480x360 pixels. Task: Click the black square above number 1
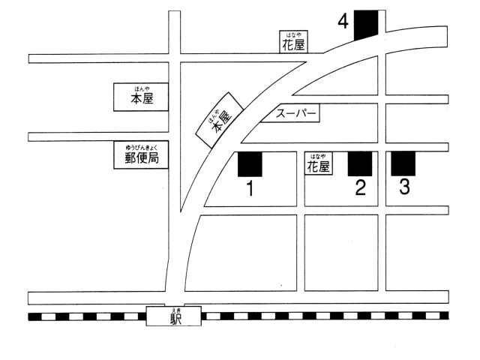pos(250,164)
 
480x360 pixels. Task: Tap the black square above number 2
pos(360,163)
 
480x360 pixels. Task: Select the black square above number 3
pos(403,163)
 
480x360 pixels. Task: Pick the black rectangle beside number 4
pos(366,25)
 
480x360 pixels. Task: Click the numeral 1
pos(250,188)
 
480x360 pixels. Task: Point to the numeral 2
pos(360,187)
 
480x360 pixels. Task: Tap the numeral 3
pos(404,187)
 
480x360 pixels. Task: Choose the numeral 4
pos(343,22)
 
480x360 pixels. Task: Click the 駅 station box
pos(173,316)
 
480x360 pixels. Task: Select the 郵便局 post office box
pos(141,155)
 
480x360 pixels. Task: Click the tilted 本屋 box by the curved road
pos(220,120)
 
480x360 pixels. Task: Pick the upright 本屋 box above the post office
pos(141,97)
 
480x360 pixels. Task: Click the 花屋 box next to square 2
pos(318,163)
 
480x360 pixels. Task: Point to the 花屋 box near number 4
pos(293,42)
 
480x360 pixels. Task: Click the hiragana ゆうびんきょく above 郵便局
pos(142,147)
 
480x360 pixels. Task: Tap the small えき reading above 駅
pos(173,310)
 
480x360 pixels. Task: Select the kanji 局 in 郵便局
pos(153,158)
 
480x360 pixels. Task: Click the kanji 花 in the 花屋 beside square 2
pos(313,167)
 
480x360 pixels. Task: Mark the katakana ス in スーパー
pos(280,114)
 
